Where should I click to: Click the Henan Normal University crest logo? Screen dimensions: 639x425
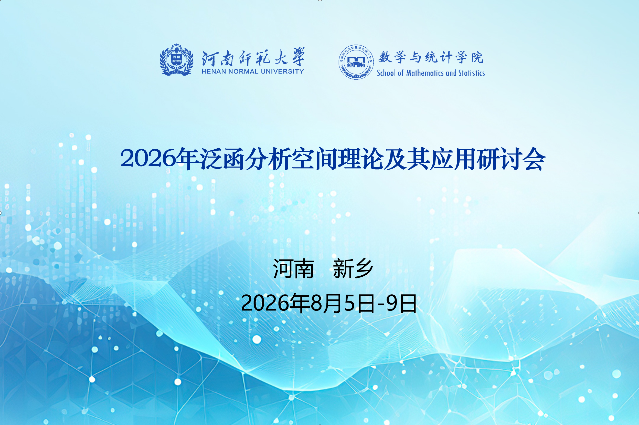pyautogui.click(x=177, y=60)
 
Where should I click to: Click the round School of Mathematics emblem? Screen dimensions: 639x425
pyautogui.click(x=356, y=62)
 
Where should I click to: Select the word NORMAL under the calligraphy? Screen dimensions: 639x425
pyautogui.click(x=243, y=71)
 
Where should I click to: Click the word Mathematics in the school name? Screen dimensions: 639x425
pyautogui.click(x=425, y=73)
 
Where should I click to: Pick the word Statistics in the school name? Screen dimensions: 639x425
pyautogui.click(x=471, y=73)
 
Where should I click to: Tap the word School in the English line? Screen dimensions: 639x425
pyautogui.click(x=386, y=73)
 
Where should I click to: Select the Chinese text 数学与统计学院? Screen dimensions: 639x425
pyautogui.click(x=431, y=57)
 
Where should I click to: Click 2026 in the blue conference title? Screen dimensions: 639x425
pyautogui.click(x=148, y=158)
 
